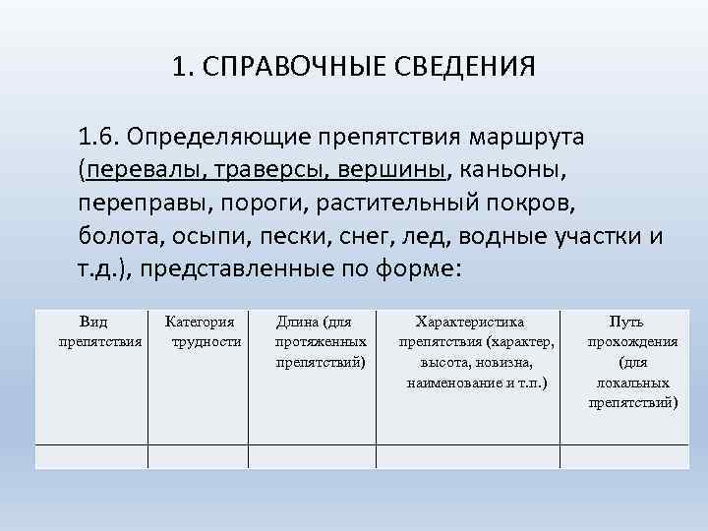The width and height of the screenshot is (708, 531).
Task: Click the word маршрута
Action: click(529, 135)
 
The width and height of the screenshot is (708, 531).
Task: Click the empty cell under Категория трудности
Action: click(201, 456)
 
